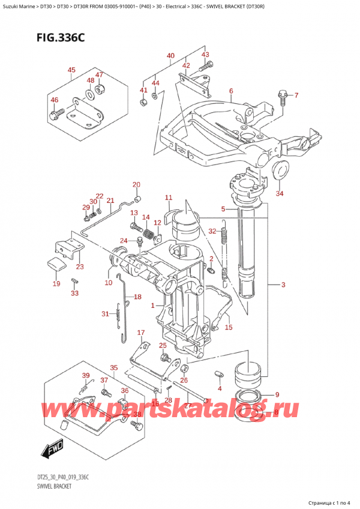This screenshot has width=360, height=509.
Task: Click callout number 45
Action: click(71, 70)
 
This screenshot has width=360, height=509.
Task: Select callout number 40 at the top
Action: click(170, 56)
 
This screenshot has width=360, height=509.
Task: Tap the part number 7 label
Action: click(295, 95)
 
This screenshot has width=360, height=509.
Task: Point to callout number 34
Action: click(279, 193)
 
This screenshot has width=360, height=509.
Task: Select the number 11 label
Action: click(168, 197)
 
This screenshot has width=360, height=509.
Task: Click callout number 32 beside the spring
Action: click(212, 231)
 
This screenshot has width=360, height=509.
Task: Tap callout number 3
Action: click(283, 285)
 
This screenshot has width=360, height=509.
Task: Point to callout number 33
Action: click(74, 294)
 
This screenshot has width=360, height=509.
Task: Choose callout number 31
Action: click(106, 314)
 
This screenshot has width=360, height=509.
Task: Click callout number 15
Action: click(228, 327)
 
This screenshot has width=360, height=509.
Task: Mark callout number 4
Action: click(220, 389)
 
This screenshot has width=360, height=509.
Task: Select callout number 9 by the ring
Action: click(277, 394)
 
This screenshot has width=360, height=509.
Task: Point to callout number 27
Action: click(187, 406)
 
